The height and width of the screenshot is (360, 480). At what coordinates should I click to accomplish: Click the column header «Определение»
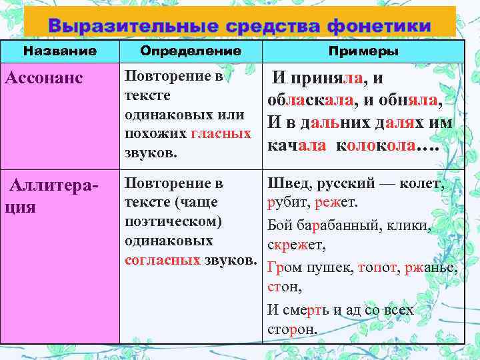[x=191, y=51]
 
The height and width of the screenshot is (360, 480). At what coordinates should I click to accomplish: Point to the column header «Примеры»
[x=363, y=51]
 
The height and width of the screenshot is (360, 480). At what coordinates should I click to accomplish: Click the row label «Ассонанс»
[x=43, y=78]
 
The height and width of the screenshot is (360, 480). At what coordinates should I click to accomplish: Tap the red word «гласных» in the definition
[x=221, y=134]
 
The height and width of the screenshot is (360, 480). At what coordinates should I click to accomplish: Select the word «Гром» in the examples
[x=283, y=268]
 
